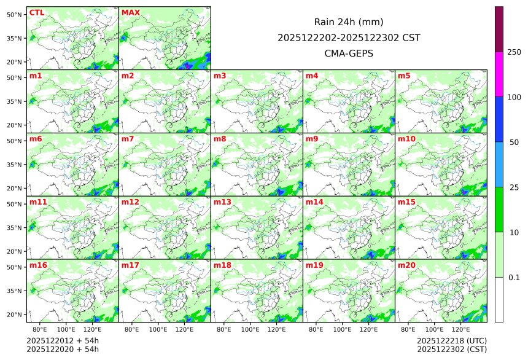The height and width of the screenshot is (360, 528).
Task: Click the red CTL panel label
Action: pos(37,13)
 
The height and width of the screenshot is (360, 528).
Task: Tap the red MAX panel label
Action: pos(131,13)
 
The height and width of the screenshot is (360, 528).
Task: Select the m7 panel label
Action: pos(128,139)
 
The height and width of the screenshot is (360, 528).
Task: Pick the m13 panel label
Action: pos(222,202)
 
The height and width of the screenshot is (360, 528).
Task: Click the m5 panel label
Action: pos(404,76)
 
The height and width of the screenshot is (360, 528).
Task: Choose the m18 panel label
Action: pos(222,265)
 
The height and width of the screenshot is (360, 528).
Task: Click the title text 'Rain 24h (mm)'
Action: pos(349,22)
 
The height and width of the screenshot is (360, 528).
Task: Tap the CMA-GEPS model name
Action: pos(349,53)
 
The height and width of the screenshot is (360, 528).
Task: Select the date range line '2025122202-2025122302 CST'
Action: pos(349,37)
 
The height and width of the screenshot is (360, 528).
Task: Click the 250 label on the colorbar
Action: pos(514,52)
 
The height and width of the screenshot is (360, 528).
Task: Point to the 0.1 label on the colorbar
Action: pos(514,278)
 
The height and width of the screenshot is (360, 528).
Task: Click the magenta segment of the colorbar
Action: pos(499,74)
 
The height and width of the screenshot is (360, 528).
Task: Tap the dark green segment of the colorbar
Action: pos(499,209)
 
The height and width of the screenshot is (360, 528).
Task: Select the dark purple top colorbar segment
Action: pos(499,29)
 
